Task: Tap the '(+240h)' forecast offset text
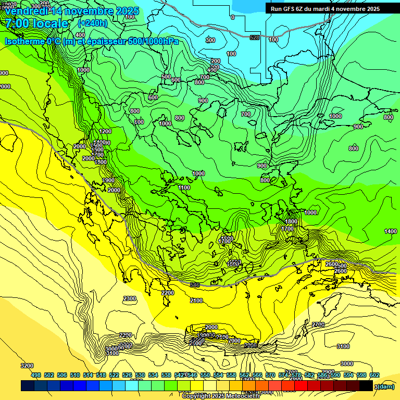(x=92, y=23)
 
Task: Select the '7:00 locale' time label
(x=36, y=23)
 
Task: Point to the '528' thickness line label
(x=255, y=37)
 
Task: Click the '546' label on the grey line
(x=195, y=285)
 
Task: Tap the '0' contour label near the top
(x=232, y=17)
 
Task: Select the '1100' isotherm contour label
(x=184, y=187)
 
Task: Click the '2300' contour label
(x=130, y=298)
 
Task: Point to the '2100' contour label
(x=196, y=301)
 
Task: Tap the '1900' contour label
(x=108, y=180)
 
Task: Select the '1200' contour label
(x=105, y=132)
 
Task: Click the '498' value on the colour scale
(x=36, y=375)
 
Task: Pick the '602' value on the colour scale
(x=374, y=375)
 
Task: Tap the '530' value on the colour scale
(x=140, y=375)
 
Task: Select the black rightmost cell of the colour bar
(x=366, y=386)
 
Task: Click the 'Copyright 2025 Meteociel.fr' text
(x=221, y=396)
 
